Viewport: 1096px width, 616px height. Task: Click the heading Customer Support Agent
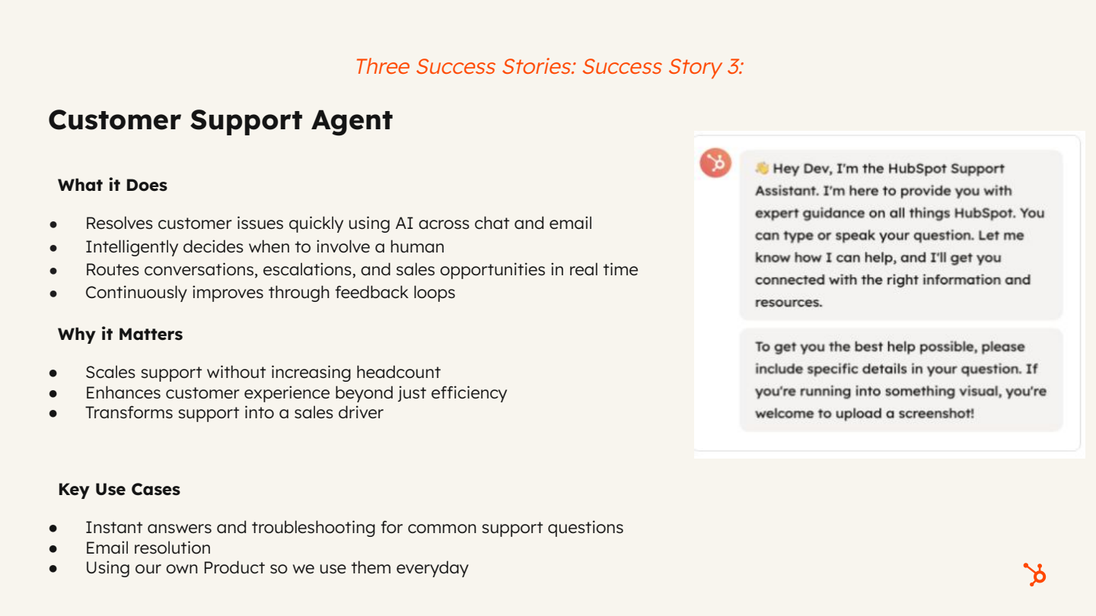(x=220, y=120)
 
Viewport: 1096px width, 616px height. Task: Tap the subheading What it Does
(x=113, y=185)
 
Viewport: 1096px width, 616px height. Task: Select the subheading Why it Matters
(x=120, y=334)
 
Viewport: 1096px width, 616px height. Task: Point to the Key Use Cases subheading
(x=119, y=489)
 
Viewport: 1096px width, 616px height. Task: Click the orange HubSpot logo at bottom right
(x=1034, y=573)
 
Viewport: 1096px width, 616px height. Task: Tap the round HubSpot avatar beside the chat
(x=715, y=163)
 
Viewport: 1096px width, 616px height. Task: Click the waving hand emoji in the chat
(x=762, y=168)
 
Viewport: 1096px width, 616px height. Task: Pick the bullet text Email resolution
(x=148, y=548)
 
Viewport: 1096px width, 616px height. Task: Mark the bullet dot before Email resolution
(x=53, y=548)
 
